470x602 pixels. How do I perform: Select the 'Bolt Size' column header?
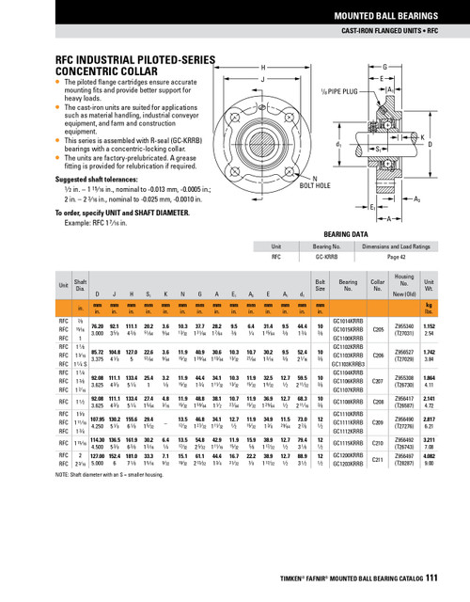pos(320,285)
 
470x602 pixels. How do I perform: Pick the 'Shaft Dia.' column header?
pos(81,285)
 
